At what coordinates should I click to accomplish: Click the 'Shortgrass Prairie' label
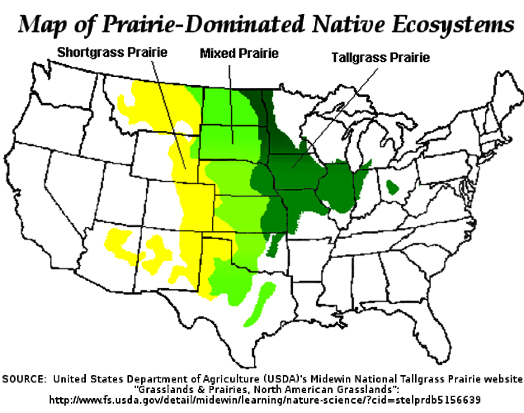tap(112, 52)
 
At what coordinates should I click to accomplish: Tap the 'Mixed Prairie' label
tap(239, 53)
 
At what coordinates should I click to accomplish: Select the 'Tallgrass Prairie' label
tap(380, 57)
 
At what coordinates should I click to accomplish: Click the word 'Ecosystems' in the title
tap(453, 24)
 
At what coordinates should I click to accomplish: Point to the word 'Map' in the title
tap(42, 25)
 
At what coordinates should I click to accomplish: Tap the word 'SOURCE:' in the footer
tap(24, 379)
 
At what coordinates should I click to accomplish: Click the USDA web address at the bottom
tap(265, 400)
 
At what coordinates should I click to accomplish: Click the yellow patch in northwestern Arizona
tap(120, 244)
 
